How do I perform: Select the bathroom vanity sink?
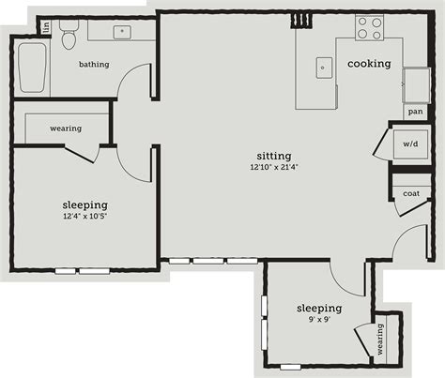(x=121, y=31)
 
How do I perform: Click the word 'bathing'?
(x=93, y=65)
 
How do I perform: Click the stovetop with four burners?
(x=369, y=28)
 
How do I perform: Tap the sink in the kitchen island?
(x=324, y=67)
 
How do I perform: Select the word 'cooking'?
(x=369, y=64)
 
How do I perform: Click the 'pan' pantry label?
(x=415, y=112)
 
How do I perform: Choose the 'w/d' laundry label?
(x=410, y=144)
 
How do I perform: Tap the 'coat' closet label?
(x=411, y=193)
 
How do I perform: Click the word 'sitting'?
(x=274, y=156)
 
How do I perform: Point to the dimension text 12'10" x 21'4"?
(x=274, y=168)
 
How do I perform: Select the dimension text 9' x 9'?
(x=318, y=320)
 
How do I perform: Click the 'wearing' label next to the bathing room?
(x=66, y=129)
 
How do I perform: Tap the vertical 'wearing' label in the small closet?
(x=382, y=340)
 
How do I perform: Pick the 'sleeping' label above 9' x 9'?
(x=318, y=308)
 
